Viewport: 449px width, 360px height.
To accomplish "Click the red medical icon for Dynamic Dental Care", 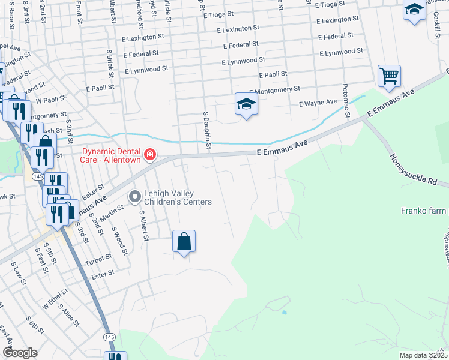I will tap(149, 156).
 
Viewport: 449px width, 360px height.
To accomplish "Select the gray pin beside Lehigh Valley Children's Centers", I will tap(134, 196).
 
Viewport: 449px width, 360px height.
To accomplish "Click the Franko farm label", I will tap(424, 211).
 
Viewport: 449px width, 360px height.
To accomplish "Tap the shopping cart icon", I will tap(389, 76).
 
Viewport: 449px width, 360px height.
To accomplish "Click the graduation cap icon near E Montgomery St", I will tap(246, 104).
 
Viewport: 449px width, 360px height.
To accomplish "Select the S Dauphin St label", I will tap(208, 130).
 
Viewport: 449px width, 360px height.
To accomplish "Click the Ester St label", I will tap(103, 274).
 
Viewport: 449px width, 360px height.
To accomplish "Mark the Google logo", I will tap(20, 353).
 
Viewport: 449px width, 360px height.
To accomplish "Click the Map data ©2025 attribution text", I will tap(423, 355).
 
